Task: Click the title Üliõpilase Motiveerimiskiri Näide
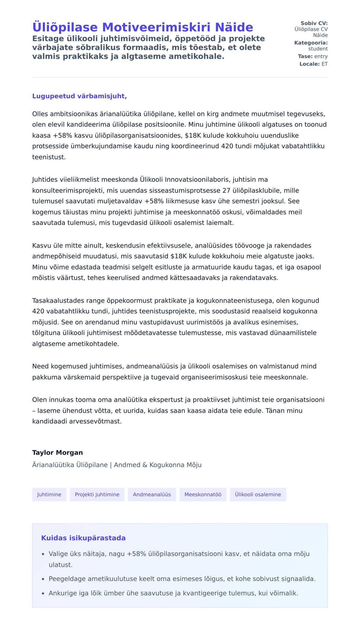(142, 27)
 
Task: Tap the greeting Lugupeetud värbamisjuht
(79, 96)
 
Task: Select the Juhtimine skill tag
(49, 495)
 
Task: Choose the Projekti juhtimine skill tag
(97, 495)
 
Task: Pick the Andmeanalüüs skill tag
(152, 495)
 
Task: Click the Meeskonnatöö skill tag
(203, 495)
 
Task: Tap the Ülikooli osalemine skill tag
(258, 495)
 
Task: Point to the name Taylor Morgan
(58, 453)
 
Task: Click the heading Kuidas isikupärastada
(83, 538)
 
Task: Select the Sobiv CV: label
(314, 23)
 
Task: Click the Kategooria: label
(311, 43)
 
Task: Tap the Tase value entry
(321, 56)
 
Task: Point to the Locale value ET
(325, 64)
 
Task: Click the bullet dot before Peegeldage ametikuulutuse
(43, 579)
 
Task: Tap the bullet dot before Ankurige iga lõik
(43, 594)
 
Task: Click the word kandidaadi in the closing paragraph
(50, 421)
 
